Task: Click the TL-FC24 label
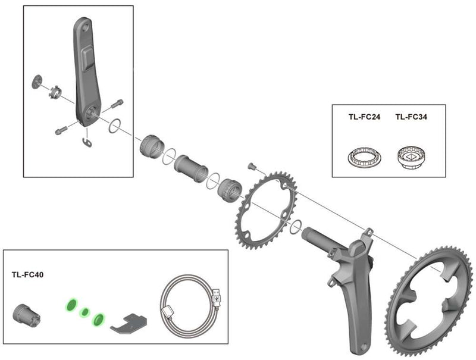point(364,117)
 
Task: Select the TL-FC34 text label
point(411,117)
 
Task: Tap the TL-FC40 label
point(27,276)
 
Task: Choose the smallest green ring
point(84,311)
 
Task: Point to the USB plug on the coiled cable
point(217,294)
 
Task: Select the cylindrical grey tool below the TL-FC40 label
point(26,312)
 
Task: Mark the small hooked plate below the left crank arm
point(87,141)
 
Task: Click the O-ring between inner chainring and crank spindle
point(294,226)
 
